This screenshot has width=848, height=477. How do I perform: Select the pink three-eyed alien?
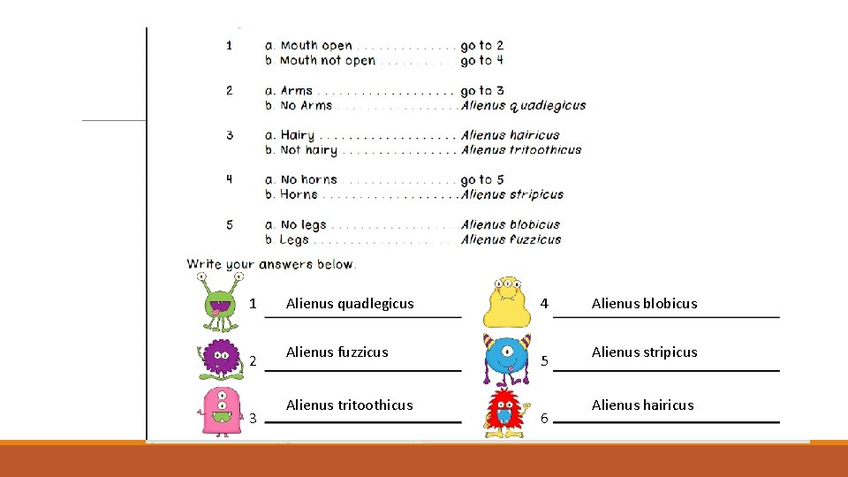click(218, 411)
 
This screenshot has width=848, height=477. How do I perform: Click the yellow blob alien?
click(506, 302)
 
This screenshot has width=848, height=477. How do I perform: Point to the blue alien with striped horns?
click(507, 358)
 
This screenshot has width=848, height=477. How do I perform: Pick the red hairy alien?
click(506, 412)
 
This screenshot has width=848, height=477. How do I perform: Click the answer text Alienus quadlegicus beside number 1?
click(350, 304)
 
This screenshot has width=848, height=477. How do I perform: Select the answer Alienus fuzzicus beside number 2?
click(337, 352)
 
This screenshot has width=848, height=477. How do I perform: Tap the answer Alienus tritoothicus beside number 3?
click(349, 405)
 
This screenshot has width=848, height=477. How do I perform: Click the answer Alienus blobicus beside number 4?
click(644, 304)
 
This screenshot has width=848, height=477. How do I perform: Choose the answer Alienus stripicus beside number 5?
click(644, 352)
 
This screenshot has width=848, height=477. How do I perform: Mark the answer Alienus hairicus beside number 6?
click(642, 405)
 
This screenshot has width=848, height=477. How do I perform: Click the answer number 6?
click(544, 418)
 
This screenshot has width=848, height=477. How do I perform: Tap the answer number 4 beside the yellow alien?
click(544, 304)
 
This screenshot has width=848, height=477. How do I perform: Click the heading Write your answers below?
click(270, 264)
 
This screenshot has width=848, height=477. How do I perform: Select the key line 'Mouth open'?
click(315, 46)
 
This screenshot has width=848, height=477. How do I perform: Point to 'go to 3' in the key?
click(481, 90)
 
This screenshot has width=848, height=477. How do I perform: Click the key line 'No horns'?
click(308, 179)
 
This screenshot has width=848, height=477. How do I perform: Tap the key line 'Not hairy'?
click(308, 150)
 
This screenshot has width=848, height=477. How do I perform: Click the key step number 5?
click(230, 224)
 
